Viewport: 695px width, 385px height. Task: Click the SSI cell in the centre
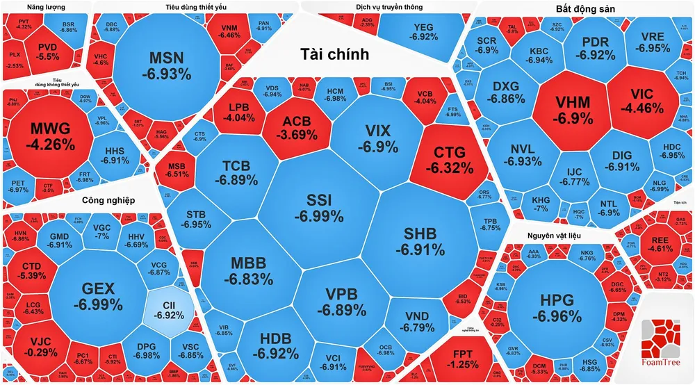[319, 207]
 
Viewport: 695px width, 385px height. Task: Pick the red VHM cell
[573, 110]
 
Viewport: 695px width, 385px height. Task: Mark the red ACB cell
[296, 128]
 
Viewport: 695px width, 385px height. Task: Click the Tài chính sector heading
[334, 54]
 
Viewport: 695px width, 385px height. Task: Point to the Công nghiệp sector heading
[108, 201]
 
